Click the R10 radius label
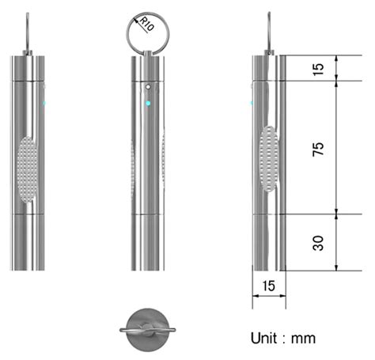(146, 24)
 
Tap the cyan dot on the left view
(45, 103)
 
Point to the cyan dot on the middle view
(148, 103)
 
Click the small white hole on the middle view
(148, 85)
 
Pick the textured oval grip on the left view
(29, 166)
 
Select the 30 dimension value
(319, 242)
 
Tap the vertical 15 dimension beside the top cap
(319, 67)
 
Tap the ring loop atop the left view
(29, 32)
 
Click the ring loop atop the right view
(270, 32)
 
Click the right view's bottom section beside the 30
(268, 241)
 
